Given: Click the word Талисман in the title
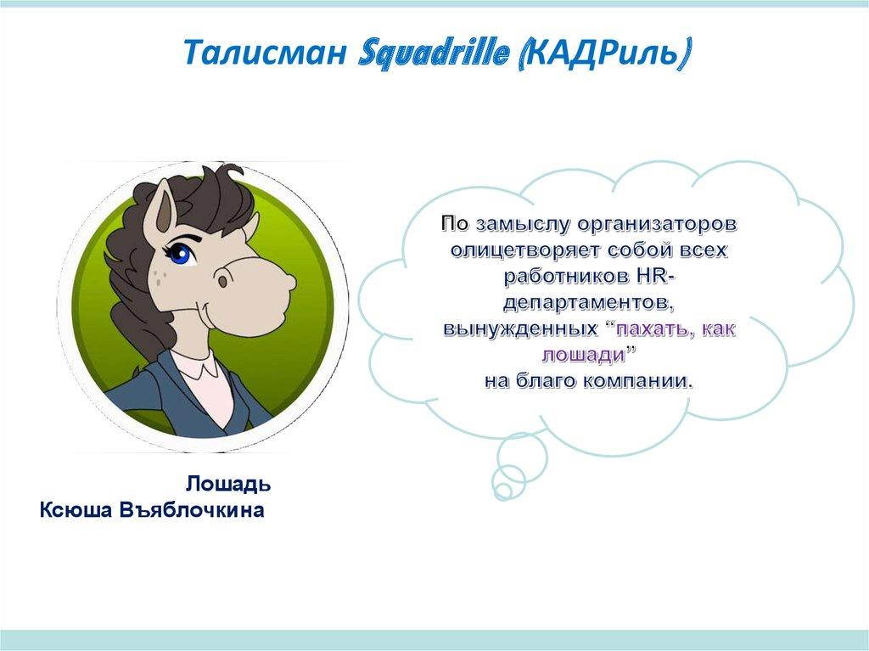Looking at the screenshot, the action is [266, 53].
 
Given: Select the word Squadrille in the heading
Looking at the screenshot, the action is [434, 53].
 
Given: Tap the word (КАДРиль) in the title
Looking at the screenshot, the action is [603, 54].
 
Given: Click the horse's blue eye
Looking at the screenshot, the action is [180, 254].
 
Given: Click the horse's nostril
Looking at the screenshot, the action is [223, 281].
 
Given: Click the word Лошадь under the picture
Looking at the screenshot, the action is [228, 484].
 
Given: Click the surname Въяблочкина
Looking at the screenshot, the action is [192, 510].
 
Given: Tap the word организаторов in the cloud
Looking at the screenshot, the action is [657, 225].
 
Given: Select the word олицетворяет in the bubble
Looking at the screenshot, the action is [524, 250].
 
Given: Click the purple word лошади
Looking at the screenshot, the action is [583, 356].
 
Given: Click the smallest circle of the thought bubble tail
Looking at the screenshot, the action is [503, 490].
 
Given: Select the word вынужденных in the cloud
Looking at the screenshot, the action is [520, 329].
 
